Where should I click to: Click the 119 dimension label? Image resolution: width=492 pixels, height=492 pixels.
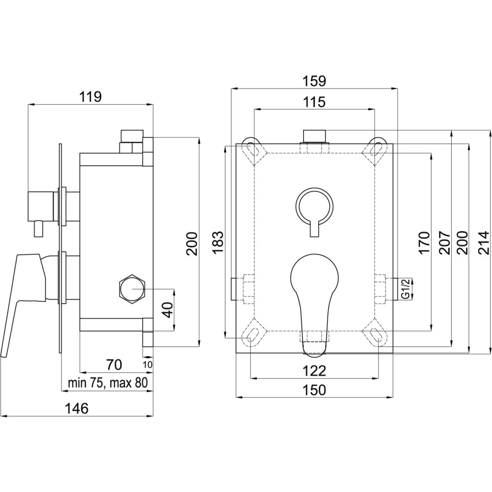91,97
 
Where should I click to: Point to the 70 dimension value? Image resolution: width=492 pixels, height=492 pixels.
114,365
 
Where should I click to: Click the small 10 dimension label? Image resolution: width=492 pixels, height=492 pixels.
148,365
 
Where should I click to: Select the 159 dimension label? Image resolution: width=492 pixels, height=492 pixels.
315,81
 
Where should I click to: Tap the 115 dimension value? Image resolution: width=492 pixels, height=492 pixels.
314,102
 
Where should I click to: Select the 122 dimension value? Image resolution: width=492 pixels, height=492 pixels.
315,370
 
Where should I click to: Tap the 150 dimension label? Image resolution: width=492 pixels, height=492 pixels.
315,390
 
